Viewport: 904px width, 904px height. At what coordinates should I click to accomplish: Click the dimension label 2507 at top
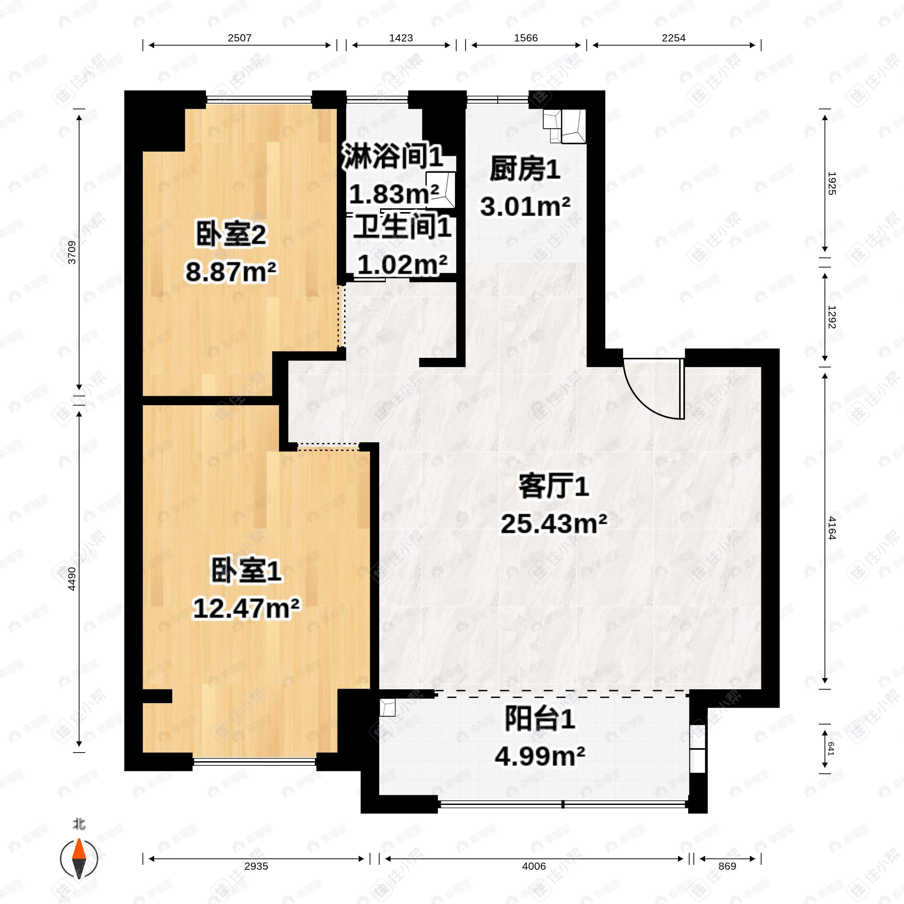coord(240,38)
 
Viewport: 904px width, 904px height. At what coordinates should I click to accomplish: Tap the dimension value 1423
coord(401,38)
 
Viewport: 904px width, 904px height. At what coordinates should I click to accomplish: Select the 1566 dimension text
coord(526,38)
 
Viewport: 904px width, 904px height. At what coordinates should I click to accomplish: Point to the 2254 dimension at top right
coord(673,38)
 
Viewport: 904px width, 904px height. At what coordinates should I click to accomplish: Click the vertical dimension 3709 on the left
coord(72,252)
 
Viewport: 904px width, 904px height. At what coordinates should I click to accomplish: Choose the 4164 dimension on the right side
coord(831,528)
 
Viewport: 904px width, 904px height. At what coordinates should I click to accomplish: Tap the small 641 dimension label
coord(831,749)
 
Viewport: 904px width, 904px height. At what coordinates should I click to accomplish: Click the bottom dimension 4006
coord(534,866)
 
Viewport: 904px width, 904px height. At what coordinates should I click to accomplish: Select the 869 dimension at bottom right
coord(727,866)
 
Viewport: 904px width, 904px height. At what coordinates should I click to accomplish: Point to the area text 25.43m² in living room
coord(554,524)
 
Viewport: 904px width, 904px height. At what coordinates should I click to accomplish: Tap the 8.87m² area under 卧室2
coord(231,271)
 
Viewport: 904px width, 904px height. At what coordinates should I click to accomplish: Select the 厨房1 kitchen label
coord(525,169)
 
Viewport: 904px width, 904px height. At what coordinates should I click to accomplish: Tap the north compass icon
coord(79,859)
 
